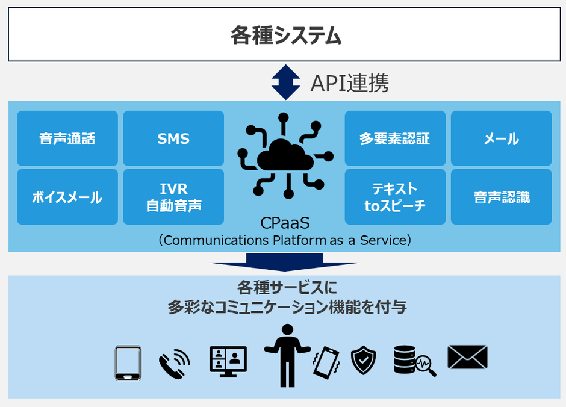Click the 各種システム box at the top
coord(286,35)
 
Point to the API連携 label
coord(349,83)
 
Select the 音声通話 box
coord(67,138)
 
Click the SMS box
coord(173,138)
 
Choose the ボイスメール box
coord(67,197)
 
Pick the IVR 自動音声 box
coord(173,197)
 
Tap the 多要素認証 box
coord(395,138)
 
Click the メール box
coord(501,138)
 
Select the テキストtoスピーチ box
coord(395,197)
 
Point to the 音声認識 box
coord(501,197)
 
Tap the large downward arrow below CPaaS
coord(284,262)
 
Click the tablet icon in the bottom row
coord(128,363)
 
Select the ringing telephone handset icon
coord(173,363)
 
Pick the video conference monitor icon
coord(228,362)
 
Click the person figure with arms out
coord(287,355)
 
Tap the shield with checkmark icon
coord(363,360)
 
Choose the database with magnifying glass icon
coord(413,361)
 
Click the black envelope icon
coord(467,358)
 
